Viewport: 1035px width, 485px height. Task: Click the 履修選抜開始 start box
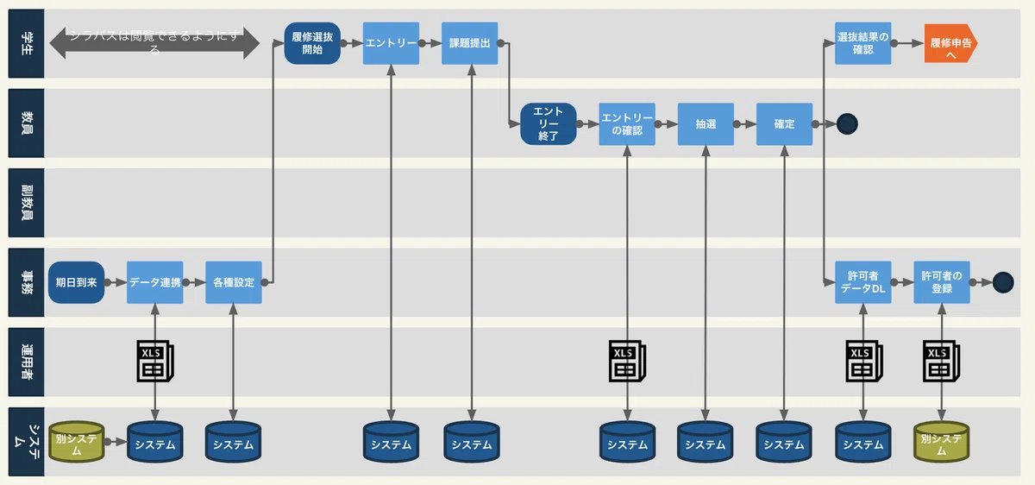point(312,43)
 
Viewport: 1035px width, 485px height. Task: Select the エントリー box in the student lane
point(391,43)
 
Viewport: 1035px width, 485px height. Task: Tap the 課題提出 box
point(470,43)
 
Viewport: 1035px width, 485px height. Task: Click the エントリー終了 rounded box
point(548,123)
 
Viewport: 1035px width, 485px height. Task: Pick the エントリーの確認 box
point(627,123)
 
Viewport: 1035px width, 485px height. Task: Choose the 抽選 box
point(706,123)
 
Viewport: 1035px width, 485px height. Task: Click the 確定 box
point(785,123)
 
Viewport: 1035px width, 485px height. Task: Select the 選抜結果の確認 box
point(862,43)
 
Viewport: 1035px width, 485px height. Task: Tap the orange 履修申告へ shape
point(950,43)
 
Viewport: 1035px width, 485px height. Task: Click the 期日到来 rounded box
point(76,282)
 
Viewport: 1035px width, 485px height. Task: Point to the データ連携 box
point(154,282)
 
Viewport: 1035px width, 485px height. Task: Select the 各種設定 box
point(233,282)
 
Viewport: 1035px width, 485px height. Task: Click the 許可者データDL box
point(862,282)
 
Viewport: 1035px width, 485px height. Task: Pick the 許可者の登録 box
point(941,282)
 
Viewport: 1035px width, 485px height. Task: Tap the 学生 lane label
point(26,44)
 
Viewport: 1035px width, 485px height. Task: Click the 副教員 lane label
point(26,203)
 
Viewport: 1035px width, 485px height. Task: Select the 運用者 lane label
point(26,362)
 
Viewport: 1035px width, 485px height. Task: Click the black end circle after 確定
point(847,123)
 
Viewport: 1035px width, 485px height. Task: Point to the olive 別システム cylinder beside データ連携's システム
point(76,441)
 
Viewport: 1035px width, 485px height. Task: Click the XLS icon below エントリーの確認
point(627,362)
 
